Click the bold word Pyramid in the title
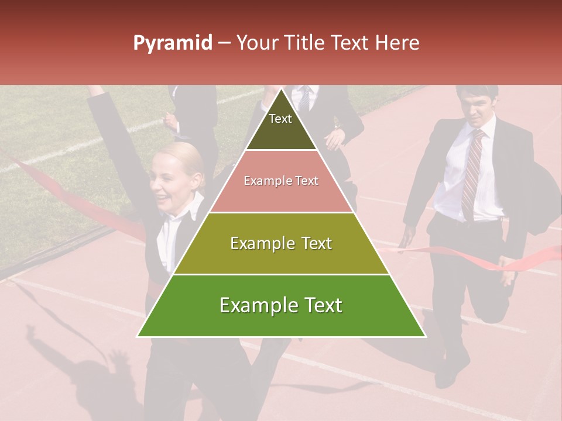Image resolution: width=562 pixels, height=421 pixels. (x=172, y=43)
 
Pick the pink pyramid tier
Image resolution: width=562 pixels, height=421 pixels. (x=281, y=181)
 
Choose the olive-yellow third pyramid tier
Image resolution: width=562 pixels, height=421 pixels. (x=281, y=243)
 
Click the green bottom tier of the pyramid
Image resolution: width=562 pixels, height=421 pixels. (x=281, y=306)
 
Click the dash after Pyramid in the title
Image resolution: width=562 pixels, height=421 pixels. (x=224, y=43)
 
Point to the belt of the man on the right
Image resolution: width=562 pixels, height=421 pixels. (x=468, y=220)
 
